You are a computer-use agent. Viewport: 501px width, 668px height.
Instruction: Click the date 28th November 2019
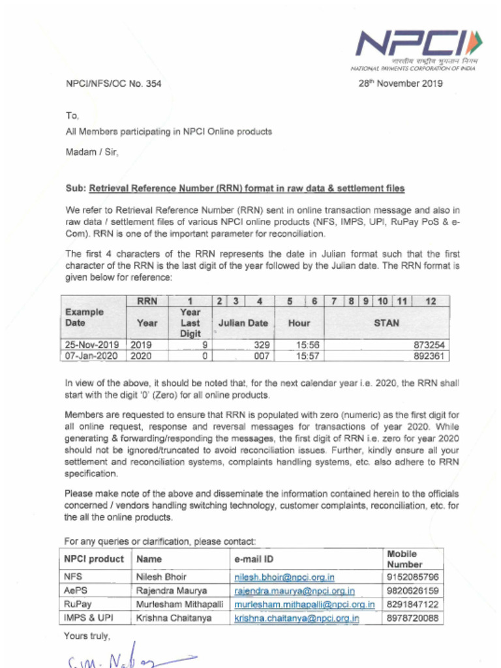pos(401,83)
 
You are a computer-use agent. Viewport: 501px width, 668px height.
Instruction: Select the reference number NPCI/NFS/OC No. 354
pos(113,83)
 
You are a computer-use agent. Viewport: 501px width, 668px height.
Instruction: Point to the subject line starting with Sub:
pos(235,189)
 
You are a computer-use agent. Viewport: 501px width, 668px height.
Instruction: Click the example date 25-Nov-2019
pos(92,344)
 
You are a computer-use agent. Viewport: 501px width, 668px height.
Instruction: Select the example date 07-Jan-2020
pos(92,356)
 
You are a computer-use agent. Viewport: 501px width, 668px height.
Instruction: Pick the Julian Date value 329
pos(262,344)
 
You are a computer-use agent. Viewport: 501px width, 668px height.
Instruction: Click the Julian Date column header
pos(243,323)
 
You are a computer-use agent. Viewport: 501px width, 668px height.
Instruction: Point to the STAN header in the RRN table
pos(386,323)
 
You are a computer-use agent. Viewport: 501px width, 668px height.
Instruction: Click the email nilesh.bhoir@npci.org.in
pos(284,577)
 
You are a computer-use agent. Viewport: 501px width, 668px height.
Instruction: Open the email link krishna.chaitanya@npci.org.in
pos(297,618)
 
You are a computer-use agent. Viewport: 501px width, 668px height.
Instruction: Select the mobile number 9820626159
pos(412,591)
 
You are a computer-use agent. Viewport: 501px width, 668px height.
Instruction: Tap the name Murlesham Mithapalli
pos(179,605)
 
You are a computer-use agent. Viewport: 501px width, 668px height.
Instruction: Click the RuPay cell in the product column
pos(78,605)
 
